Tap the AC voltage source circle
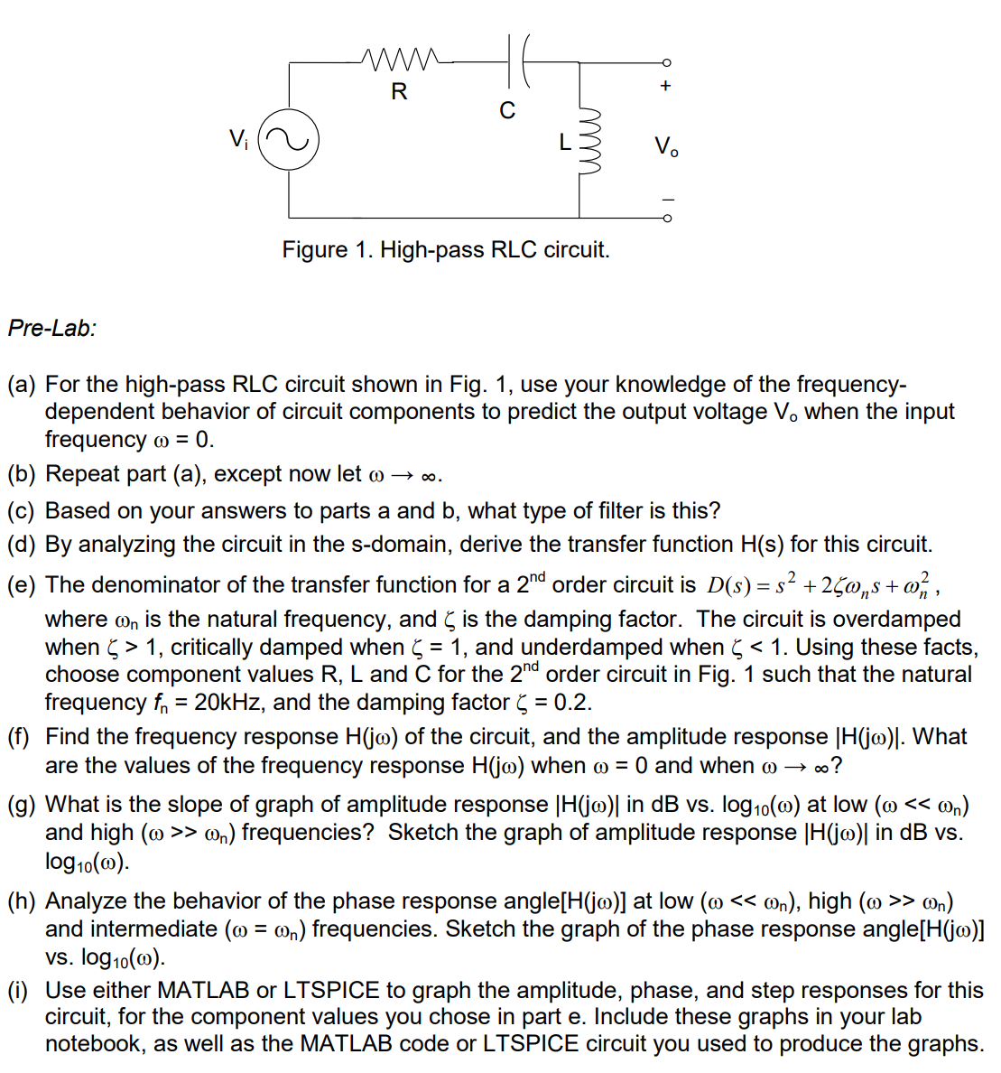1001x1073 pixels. click(x=289, y=140)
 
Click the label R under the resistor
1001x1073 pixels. click(x=399, y=91)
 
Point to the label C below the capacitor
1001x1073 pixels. click(x=507, y=110)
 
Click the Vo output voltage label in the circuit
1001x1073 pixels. click(x=666, y=145)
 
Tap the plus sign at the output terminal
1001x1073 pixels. click(x=666, y=87)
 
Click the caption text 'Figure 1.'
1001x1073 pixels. click(x=328, y=249)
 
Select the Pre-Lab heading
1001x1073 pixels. click(x=51, y=328)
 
